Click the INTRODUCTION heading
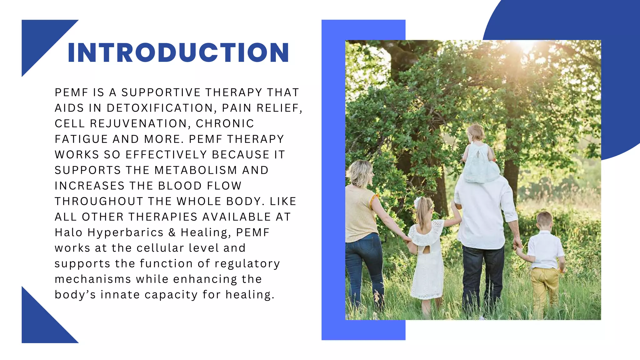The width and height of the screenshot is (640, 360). (178, 52)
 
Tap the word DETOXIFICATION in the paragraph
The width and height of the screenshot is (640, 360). (160, 108)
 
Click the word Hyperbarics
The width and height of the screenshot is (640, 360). (125, 232)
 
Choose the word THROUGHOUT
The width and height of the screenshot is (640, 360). (99, 202)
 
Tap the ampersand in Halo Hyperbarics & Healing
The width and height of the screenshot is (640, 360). (172, 232)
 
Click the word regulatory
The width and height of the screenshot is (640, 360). (247, 264)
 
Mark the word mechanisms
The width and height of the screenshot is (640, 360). (93, 279)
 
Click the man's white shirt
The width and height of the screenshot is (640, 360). (483, 212)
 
